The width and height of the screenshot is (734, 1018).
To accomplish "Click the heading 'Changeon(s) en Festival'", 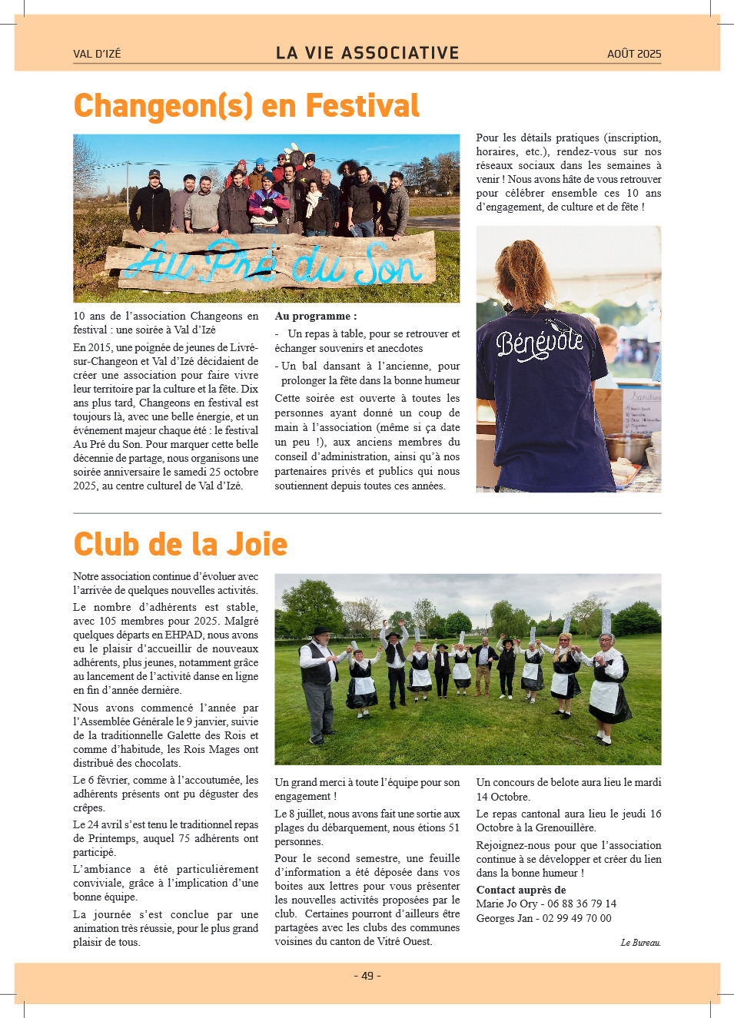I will (x=246, y=106).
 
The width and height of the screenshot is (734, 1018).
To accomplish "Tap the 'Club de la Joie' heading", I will (x=180, y=544).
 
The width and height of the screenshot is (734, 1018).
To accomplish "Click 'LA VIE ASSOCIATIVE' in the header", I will (x=367, y=53).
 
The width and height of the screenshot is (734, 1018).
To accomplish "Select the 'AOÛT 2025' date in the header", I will (x=633, y=54).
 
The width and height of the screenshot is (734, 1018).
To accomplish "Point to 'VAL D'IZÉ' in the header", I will (x=97, y=54).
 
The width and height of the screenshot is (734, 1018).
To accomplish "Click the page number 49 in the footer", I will (x=367, y=976).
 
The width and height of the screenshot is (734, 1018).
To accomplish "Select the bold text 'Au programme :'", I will (x=315, y=316).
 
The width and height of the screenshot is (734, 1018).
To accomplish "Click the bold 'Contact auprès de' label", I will (x=520, y=890).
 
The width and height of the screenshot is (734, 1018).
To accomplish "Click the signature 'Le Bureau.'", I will (x=640, y=943).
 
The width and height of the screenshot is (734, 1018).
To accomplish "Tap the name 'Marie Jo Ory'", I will (x=506, y=904).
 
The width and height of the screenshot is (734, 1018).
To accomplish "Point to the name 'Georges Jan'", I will (x=504, y=918).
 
